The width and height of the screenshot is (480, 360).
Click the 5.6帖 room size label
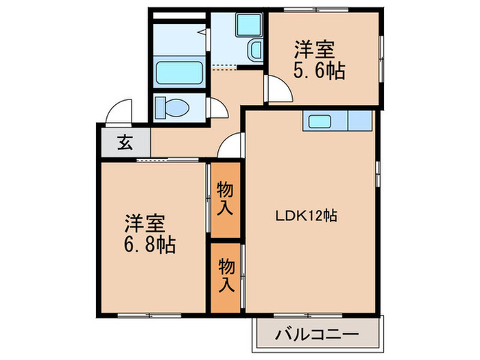pyautogui.click(x=320, y=69)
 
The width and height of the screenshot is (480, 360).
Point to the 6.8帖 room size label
pyautogui.click(x=150, y=244)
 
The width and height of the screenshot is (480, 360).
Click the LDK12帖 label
pyautogui.click(x=306, y=215)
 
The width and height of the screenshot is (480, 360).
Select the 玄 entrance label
pyautogui.click(x=125, y=143)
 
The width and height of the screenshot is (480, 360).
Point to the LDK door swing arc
pyautogui.click(x=232, y=146)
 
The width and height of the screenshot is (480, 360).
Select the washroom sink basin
pyautogui.click(x=254, y=50)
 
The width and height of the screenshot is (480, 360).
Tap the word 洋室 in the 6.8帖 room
pyautogui.click(x=144, y=224)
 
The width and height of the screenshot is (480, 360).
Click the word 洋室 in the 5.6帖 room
pyautogui.click(x=315, y=50)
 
